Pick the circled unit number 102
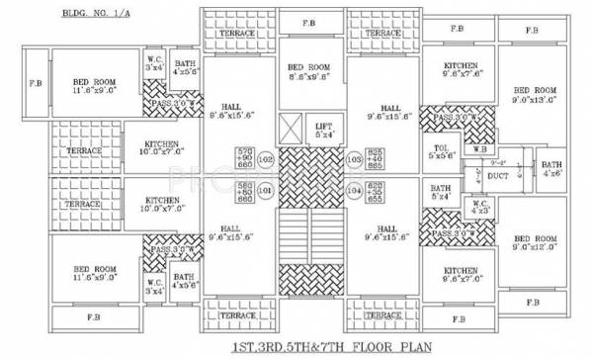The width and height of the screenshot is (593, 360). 264,158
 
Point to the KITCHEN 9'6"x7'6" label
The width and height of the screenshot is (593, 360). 461,69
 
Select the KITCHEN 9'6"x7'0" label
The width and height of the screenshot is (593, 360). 460,274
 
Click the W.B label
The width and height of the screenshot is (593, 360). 479,149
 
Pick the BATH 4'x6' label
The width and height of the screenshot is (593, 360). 551,168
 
